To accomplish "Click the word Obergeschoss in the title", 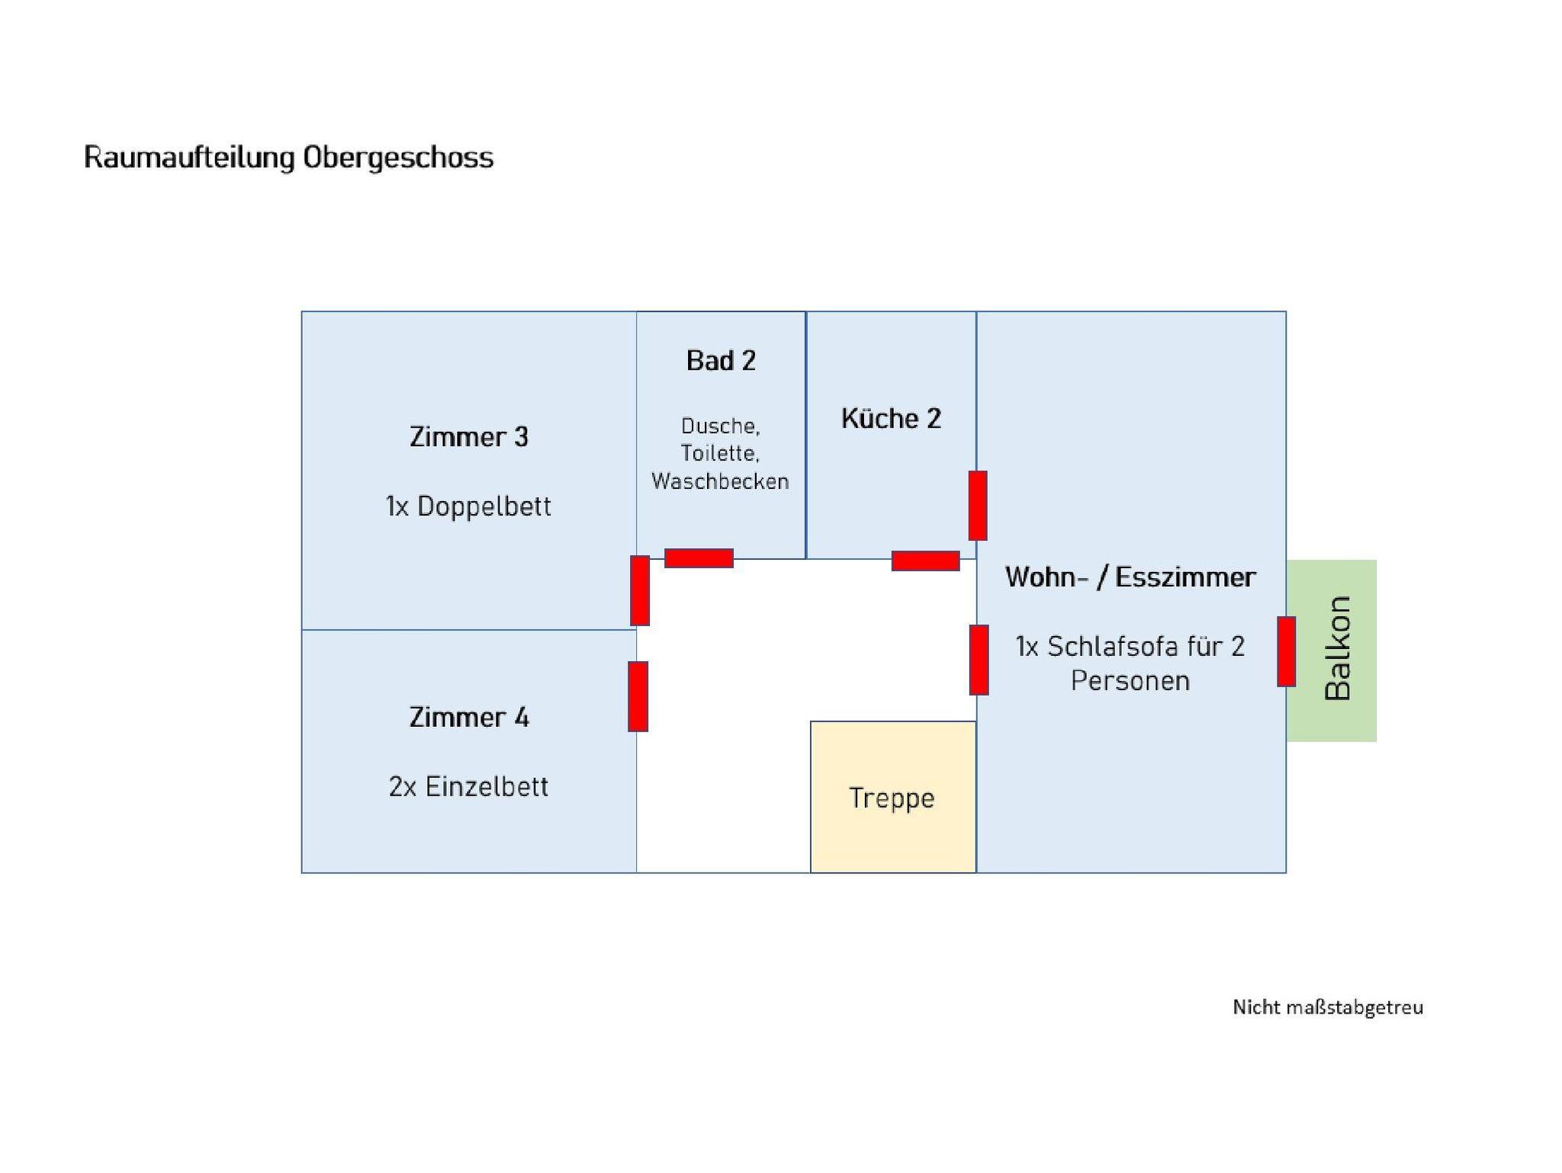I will tap(397, 158).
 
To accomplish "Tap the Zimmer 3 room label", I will tap(468, 437).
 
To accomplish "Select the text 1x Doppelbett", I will tap(468, 506).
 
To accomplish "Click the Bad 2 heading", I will tap(721, 361).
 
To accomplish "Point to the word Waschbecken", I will tap(720, 481).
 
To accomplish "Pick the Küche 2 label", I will tap(891, 419).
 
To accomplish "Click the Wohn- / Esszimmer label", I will tap(1130, 577).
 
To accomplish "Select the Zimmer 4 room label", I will tap(468, 718).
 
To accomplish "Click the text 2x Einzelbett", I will tap(468, 786).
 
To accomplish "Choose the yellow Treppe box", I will tap(892, 797).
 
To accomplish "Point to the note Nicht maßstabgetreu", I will tap(1327, 1007).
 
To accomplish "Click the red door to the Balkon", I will tap(1286, 651).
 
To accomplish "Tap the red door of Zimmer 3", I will tap(640, 590).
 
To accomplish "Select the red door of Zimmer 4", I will tap(638, 696).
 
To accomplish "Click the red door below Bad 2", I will tap(699, 558).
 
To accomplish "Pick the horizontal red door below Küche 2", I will tap(925, 561).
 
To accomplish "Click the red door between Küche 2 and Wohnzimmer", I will tap(977, 506).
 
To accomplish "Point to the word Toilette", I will tap(720, 454).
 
